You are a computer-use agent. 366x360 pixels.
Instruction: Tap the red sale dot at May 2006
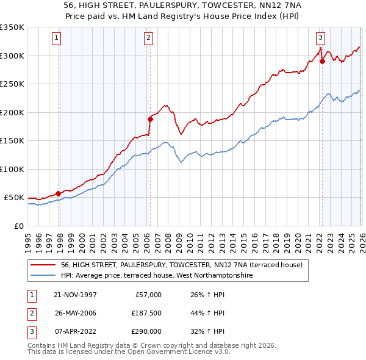(150, 120)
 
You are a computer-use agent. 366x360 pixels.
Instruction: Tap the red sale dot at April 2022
(321, 61)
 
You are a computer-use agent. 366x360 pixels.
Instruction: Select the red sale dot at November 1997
(59, 193)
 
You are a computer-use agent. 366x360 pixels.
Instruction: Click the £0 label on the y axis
(18, 226)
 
